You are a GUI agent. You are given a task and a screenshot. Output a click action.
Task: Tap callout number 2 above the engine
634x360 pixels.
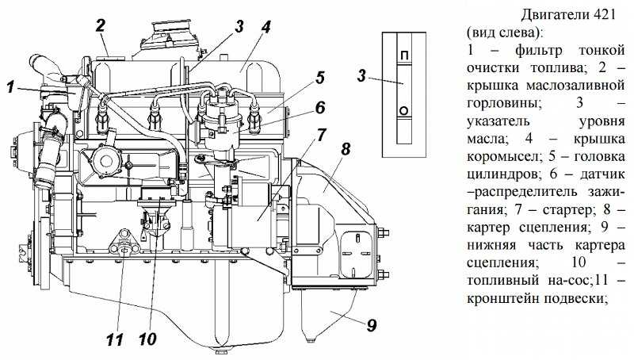click(101, 25)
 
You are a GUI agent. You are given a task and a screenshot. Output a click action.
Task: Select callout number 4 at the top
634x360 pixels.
click(266, 25)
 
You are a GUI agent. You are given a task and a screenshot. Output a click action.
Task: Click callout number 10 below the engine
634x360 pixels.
click(147, 339)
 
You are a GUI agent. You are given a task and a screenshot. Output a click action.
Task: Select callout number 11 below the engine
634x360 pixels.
click(116, 339)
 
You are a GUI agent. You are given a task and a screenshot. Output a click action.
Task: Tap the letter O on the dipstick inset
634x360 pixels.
click(404, 110)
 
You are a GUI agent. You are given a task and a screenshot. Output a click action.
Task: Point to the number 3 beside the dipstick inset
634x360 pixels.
click(361, 77)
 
